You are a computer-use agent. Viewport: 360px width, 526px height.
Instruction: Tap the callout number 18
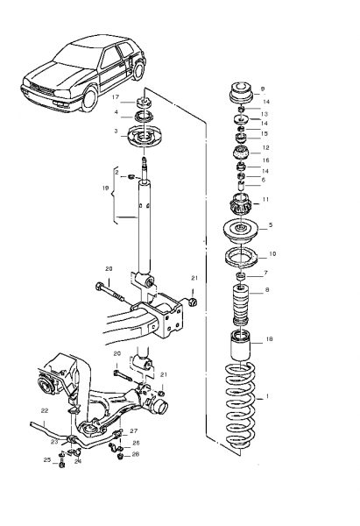tap(269, 339)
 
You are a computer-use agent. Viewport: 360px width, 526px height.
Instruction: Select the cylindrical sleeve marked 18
tap(240, 345)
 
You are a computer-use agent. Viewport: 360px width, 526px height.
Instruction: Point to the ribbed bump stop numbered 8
tap(241, 304)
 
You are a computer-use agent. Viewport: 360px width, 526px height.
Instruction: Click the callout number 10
tap(272, 254)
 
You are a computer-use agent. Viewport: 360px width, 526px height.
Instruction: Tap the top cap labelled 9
tap(241, 92)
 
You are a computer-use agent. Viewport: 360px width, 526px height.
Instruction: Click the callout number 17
tap(116, 97)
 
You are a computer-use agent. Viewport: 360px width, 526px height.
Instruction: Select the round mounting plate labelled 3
tap(145, 136)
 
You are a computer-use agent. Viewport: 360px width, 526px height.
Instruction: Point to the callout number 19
tap(106, 188)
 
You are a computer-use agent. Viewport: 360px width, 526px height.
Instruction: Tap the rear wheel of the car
tap(138, 71)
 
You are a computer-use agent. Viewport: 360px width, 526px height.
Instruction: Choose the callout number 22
tap(45, 410)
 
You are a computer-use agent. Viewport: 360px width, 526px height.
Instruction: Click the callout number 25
tap(47, 459)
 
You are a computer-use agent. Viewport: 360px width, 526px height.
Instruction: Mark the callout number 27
tap(134, 431)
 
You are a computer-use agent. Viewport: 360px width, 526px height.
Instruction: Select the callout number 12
tap(265, 147)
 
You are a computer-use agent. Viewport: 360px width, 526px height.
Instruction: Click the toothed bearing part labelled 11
tap(240, 204)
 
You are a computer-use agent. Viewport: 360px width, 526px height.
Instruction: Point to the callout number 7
tap(265, 273)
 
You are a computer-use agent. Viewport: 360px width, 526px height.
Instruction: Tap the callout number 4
tap(116, 112)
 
